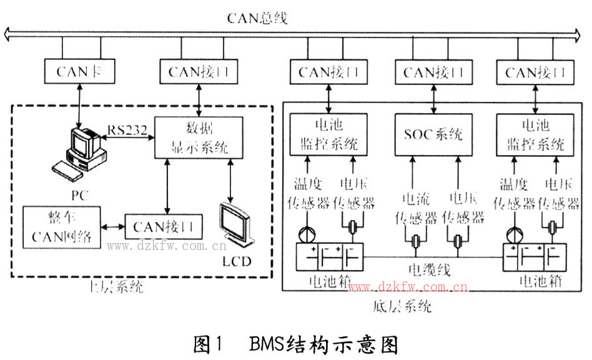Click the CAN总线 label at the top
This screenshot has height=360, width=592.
tap(257, 17)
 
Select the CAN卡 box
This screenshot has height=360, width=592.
tap(77, 71)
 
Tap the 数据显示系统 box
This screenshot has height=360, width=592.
tap(199, 137)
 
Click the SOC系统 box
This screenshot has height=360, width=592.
tap(432, 134)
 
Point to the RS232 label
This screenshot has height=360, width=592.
tap(127, 130)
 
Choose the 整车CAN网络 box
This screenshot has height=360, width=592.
tap(62, 227)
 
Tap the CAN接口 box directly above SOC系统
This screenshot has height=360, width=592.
tap(432, 72)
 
